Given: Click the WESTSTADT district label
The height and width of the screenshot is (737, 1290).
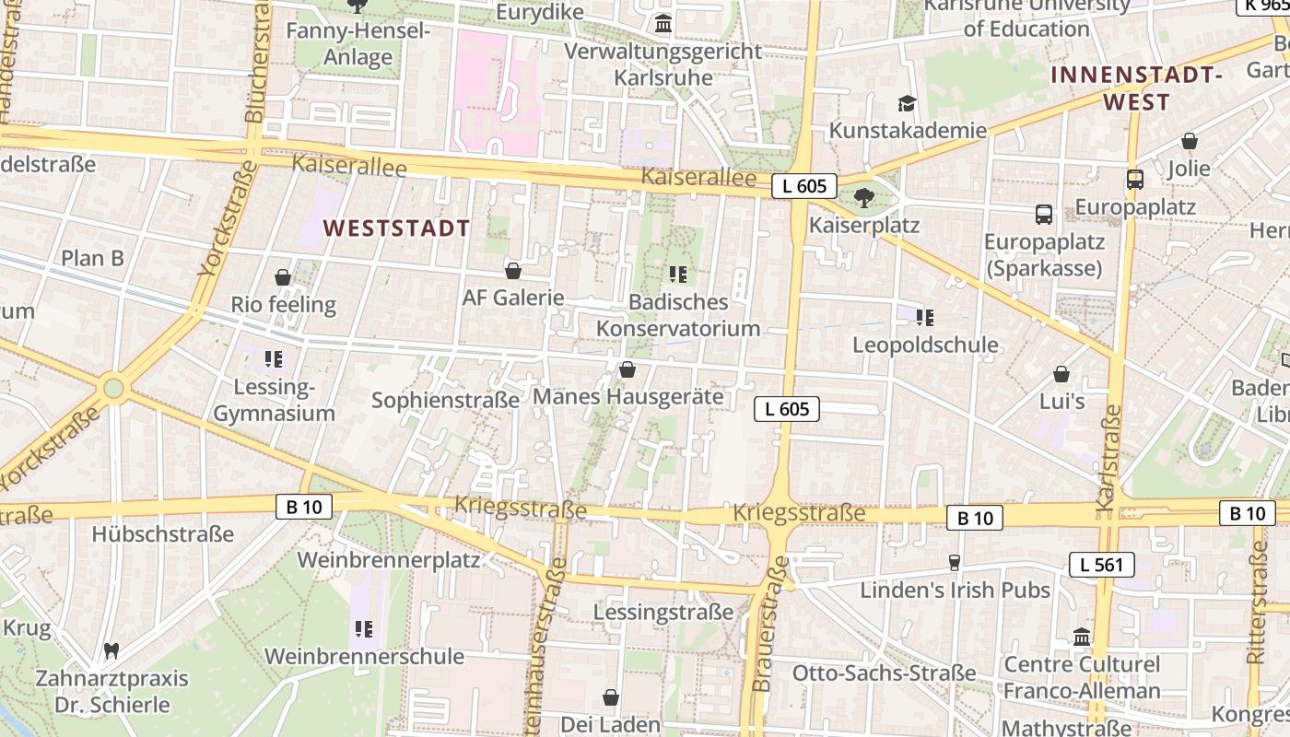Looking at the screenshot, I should pos(396,228).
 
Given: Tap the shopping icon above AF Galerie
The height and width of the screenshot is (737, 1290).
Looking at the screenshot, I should pos(513,271).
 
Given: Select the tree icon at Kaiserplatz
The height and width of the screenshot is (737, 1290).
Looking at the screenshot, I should pos(863,197).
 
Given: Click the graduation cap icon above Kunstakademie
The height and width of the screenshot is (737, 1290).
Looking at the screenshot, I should pos(908,103).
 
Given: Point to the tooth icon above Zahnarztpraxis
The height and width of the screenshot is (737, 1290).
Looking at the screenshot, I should pos(111,651).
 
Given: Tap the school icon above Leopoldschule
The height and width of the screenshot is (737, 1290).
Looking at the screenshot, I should pos(925,318).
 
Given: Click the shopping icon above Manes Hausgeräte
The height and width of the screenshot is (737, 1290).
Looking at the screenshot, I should pos(627,369).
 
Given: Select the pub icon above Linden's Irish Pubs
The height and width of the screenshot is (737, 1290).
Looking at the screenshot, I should pos(955,562).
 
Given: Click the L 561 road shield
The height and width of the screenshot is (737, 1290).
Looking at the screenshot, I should pos(1102,565).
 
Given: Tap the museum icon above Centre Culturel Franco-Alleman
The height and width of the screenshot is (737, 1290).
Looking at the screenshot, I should pos(1082,637).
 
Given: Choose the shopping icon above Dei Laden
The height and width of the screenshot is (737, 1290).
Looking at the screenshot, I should pos(610,697).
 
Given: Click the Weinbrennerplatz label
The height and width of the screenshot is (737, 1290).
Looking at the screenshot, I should pos(388,559).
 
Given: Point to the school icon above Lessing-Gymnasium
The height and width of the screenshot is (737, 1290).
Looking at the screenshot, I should pos(273,358).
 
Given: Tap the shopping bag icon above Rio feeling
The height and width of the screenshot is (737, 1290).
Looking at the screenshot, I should pos(283,277).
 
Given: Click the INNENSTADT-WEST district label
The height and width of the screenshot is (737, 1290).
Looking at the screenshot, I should pos(1137,88).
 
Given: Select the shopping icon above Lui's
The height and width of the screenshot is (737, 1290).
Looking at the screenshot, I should pos(1061,374).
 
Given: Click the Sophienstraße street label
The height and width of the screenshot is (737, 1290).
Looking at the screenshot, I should pos(445,400).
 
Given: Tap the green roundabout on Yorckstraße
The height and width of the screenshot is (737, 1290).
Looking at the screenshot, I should pos(113,388).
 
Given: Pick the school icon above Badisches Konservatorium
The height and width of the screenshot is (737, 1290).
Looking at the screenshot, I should pos(678,274).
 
